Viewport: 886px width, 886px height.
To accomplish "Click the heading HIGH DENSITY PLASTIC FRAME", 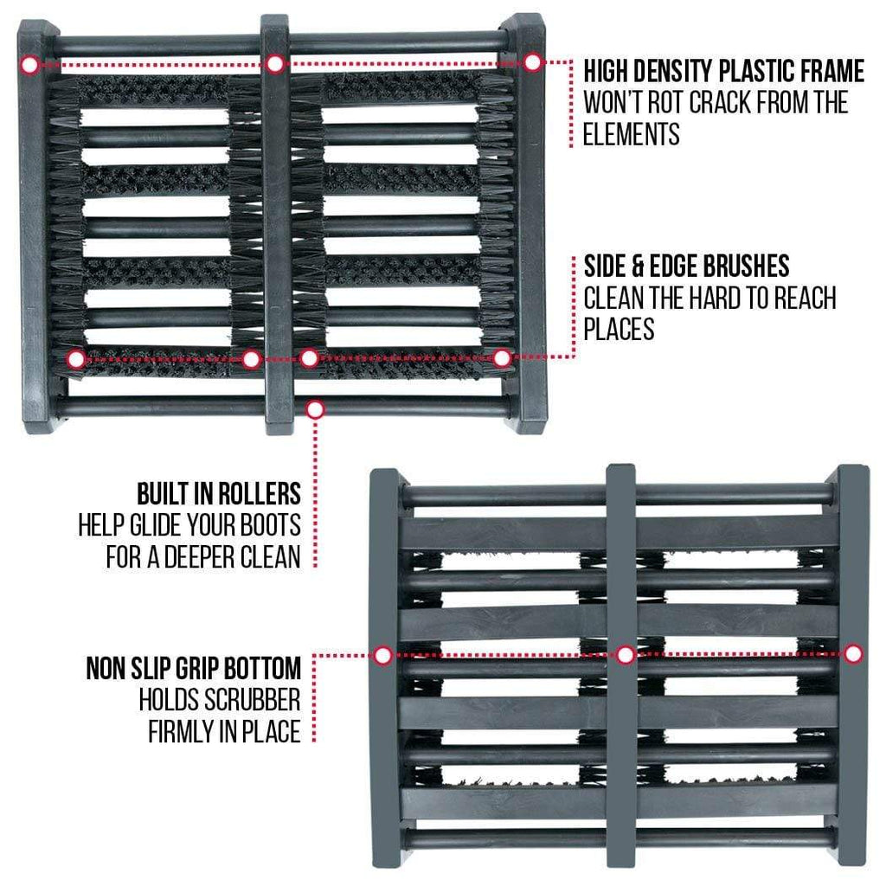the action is tap(724, 71).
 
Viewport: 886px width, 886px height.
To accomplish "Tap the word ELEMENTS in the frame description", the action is tap(631, 134).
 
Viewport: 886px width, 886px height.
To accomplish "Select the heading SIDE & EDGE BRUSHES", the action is tap(686, 266).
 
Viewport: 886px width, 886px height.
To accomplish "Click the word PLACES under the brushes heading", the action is tap(619, 329).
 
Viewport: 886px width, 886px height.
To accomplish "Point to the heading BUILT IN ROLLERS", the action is tap(219, 494).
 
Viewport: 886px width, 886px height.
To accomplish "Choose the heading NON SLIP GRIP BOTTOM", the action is tap(194, 669).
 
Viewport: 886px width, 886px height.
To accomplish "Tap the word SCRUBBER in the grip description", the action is tap(252, 700).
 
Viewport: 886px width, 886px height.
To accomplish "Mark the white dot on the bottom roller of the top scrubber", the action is tap(316, 409).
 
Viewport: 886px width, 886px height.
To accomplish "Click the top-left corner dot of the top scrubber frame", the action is tap(30, 65).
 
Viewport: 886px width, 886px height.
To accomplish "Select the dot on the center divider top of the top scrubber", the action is tap(274, 64).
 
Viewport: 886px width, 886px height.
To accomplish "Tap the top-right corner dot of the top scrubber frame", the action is tap(532, 62).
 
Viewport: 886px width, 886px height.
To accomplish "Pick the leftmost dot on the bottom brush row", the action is tap(76, 359).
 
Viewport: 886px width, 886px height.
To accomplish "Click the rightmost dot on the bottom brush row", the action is tap(502, 357).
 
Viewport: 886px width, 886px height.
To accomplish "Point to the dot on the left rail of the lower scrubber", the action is tap(383, 656).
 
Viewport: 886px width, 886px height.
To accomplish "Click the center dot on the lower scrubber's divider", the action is tap(626, 655).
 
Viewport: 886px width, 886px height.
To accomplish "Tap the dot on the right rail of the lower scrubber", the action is tap(853, 654).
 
